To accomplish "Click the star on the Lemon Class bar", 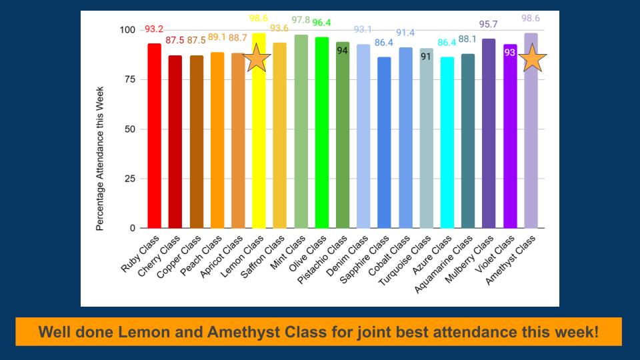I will [x=257, y=59].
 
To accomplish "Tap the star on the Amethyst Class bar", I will [x=533, y=59].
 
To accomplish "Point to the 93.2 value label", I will [x=153, y=29].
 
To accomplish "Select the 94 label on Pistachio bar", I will [x=343, y=51].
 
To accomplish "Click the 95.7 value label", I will [x=488, y=25].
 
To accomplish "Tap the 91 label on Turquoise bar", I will [x=426, y=57].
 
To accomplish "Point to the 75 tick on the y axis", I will [x=128, y=79].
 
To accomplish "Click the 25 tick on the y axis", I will [x=128, y=179].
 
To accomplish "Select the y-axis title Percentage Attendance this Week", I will [x=100, y=158].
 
